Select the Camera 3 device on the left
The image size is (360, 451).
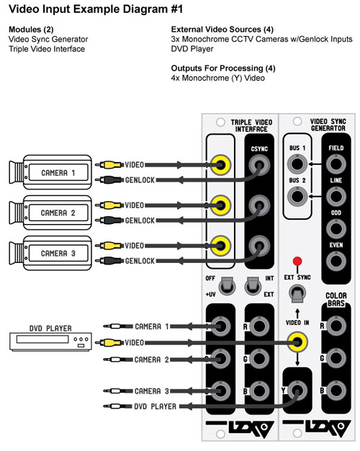point(50,253)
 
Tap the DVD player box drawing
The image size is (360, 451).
point(50,341)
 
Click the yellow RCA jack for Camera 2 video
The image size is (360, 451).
point(220,205)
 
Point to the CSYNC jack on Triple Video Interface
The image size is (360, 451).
point(259,165)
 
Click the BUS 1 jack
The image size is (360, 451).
point(297,164)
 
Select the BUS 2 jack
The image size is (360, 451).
point(297,197)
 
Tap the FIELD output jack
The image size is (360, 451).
point(336,164)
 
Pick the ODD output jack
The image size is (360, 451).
point(336,229)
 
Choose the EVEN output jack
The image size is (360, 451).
point(336,262)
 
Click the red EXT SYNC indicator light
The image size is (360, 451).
point(297,262)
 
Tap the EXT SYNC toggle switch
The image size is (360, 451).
point(297,294)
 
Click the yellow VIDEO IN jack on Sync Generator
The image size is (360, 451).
point(297,342)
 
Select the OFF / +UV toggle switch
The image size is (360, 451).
point(227,287)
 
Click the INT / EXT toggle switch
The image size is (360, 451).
point(253,287)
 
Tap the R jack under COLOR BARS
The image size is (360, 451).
point(336,326)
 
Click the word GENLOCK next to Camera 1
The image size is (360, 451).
point(140,180)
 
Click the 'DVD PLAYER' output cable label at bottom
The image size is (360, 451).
point(155,406)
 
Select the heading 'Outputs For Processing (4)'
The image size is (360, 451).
point(223,68)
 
